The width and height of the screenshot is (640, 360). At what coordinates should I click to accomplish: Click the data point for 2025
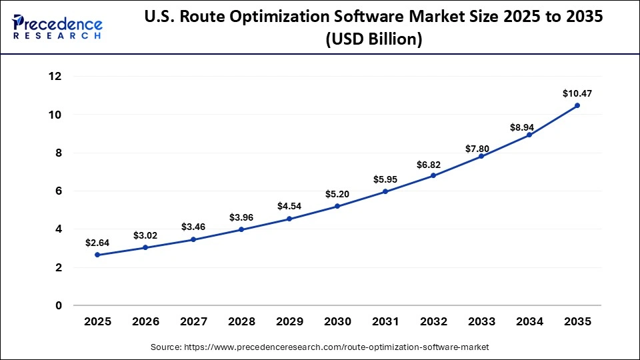[97, 255]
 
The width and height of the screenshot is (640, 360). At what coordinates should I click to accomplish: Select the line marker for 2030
[337, 206]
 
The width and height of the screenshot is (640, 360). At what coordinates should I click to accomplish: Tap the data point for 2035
[577, 105]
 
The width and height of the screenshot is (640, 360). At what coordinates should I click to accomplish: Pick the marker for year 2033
[481, 156]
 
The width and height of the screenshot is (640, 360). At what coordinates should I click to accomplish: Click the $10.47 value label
[577, 94]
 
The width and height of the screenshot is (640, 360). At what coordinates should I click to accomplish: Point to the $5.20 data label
[337, 194]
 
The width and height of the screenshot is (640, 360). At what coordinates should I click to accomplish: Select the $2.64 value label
[97, 243]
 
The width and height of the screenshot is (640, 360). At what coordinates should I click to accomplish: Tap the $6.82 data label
[433, 163]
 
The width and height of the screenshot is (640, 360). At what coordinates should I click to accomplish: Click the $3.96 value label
[241, 217]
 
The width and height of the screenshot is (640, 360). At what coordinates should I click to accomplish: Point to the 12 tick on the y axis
[55, 77]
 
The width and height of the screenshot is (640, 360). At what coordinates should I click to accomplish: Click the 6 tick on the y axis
[58, 191]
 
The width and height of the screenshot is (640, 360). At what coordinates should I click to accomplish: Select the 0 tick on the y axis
[58, 306]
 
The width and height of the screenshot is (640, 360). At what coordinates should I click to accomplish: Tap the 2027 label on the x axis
[193, 321]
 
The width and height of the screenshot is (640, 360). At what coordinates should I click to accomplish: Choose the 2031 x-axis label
[385, 321]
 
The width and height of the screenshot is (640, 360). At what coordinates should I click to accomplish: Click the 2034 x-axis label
[529, 321]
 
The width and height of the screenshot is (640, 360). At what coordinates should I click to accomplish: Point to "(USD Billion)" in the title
[373, 39]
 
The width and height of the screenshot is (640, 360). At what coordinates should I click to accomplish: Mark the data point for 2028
[241, 229]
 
